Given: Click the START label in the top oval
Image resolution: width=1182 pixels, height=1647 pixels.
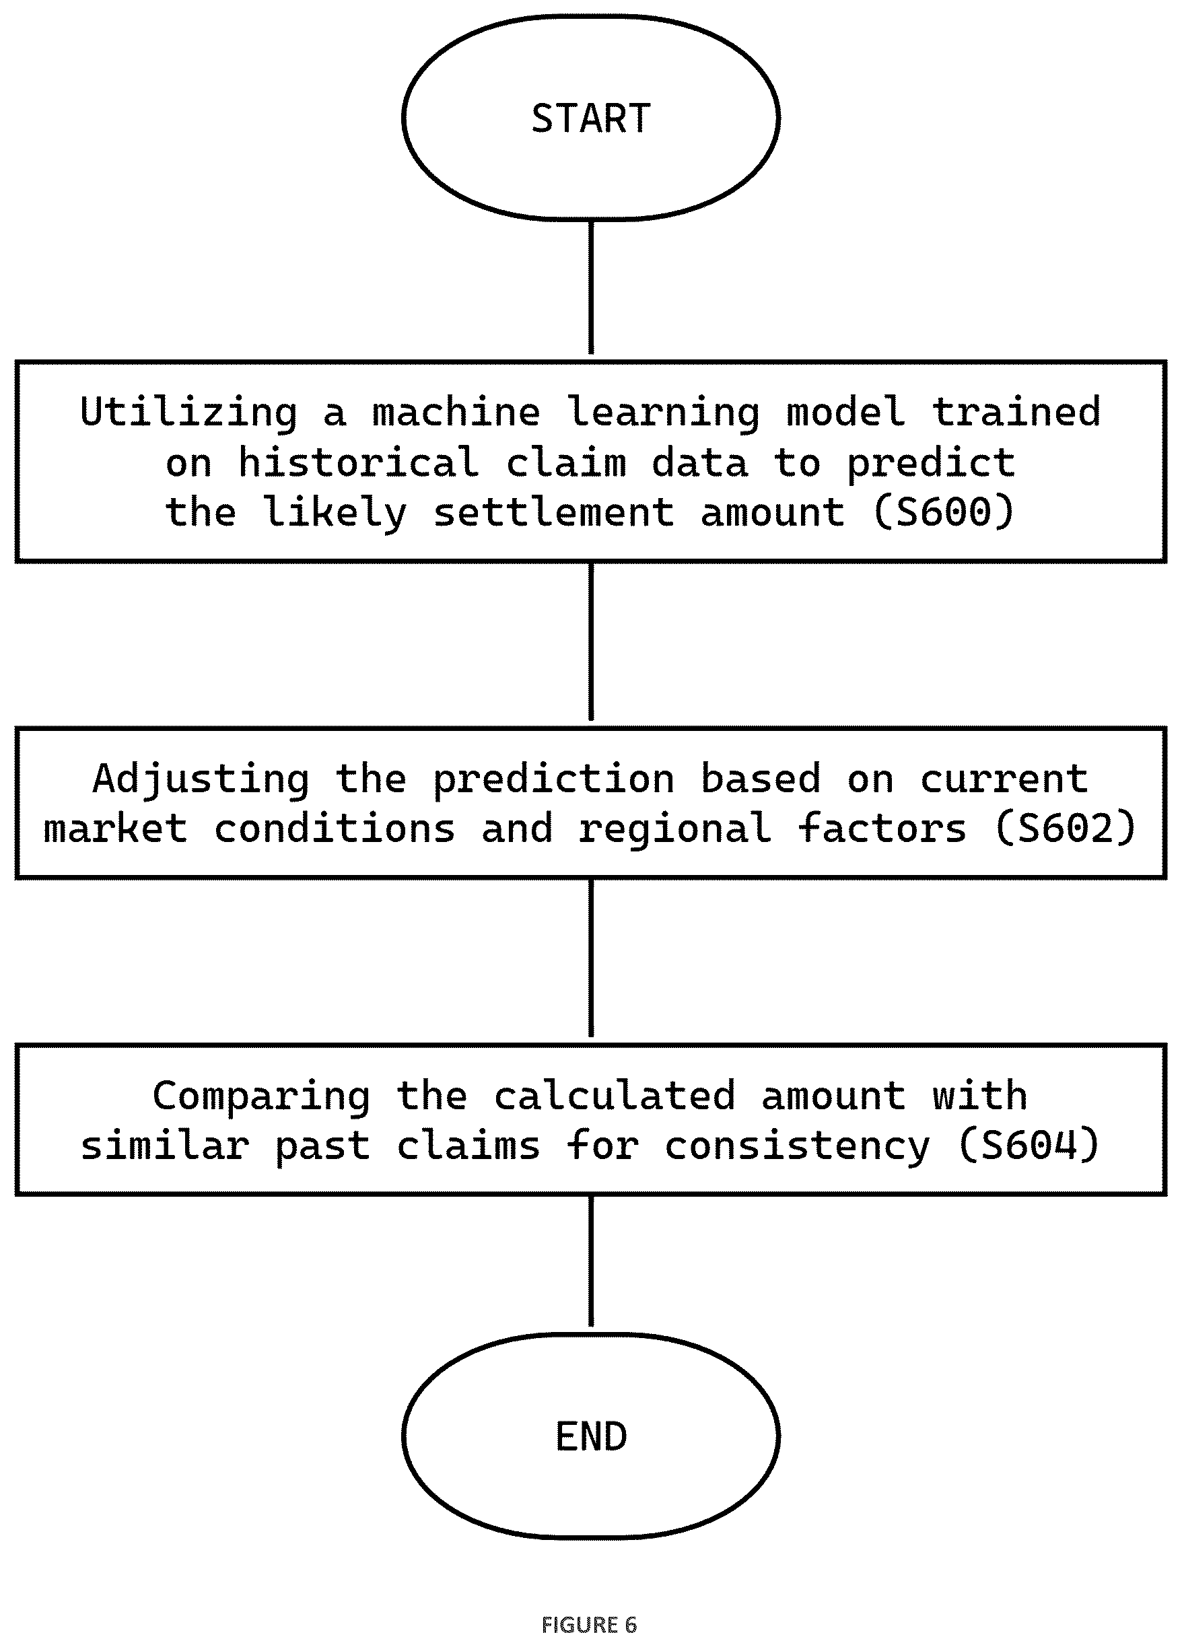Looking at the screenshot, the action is [x=591, y=118].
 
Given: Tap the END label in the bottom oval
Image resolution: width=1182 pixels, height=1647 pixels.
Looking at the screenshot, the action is [x=591, y=1436].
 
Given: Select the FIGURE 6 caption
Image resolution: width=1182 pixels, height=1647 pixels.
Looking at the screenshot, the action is [x=589, y=1625].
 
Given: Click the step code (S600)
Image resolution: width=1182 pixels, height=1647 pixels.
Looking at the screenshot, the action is [x=943, y=512].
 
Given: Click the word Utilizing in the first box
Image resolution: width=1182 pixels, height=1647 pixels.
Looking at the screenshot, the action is [x=188, y=413].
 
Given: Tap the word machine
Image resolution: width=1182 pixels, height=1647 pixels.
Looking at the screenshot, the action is [x=456, y=413].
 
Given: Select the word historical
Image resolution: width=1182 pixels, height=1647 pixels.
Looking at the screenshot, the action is [x=359, y=462].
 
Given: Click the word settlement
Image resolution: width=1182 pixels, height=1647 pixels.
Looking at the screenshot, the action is [x=554, y=512].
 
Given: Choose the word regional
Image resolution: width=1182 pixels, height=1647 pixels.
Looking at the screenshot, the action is [x=674, y=830].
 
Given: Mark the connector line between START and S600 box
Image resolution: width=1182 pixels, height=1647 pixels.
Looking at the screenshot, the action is [x=591, y=287].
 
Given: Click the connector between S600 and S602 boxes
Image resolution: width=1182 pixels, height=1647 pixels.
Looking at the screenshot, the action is [x=591, y=642].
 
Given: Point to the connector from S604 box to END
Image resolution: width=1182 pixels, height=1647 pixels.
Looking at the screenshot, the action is [x=591, y=1261].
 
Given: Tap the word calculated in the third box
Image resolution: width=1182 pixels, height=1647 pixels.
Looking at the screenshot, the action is [x=615, y=1095].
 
